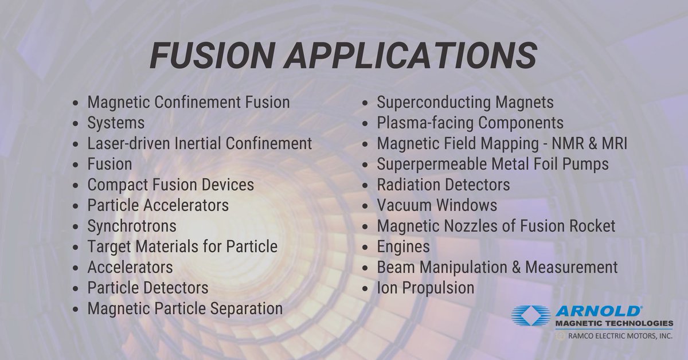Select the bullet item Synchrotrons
tap(131, 226)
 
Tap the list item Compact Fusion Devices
tap(170, 185)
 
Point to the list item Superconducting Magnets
tap(465, 103)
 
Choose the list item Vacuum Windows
tap(437, 205)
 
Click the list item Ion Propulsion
tap(425, 287)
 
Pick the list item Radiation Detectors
tap(443, 185)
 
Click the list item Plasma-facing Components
tap(470, 123)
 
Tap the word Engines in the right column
tap(403, 246)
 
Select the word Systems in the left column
tap(116, 123)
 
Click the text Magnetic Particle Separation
tap(185, 308)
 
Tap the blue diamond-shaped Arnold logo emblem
tap(531, 316)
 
